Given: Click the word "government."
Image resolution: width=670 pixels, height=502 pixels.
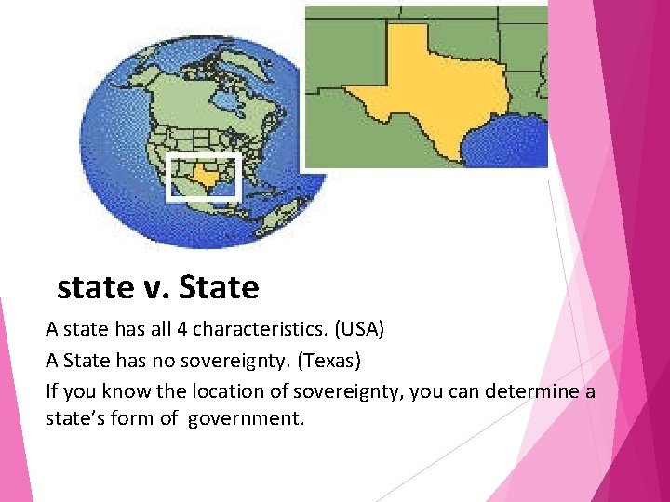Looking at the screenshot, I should [x=247, y=419].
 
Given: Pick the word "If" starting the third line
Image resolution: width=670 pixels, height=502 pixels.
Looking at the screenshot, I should [x=52, y=391].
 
